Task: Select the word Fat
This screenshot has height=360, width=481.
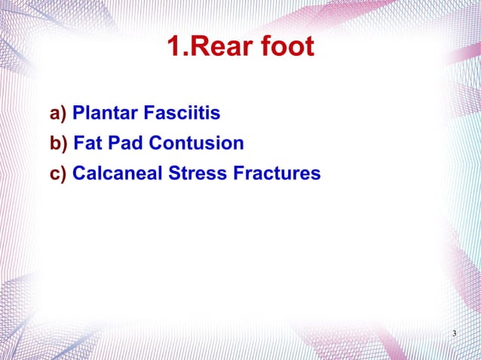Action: pos(87,143)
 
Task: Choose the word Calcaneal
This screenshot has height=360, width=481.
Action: pos(113,174)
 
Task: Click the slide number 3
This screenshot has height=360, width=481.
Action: pos(454,334)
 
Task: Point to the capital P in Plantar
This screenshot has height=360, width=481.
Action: pos(78,114)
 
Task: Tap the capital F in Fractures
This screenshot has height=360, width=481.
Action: pos(240,174)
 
